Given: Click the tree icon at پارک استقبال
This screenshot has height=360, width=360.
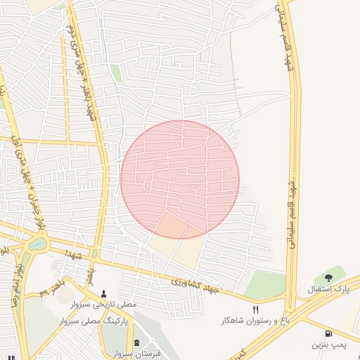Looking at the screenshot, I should tap(328, 278).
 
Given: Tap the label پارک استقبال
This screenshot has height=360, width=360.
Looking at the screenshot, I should tap(328, 290).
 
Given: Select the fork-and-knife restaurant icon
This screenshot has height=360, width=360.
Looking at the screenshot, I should tap(255, 309).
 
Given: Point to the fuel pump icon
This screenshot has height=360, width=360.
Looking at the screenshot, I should tap(328, 333).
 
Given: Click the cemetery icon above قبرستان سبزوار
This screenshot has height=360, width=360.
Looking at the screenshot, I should tap(136, 342).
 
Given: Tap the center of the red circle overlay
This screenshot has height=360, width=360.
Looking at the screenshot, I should tap(180, 179).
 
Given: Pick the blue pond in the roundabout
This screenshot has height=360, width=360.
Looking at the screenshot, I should tap(34, 244).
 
